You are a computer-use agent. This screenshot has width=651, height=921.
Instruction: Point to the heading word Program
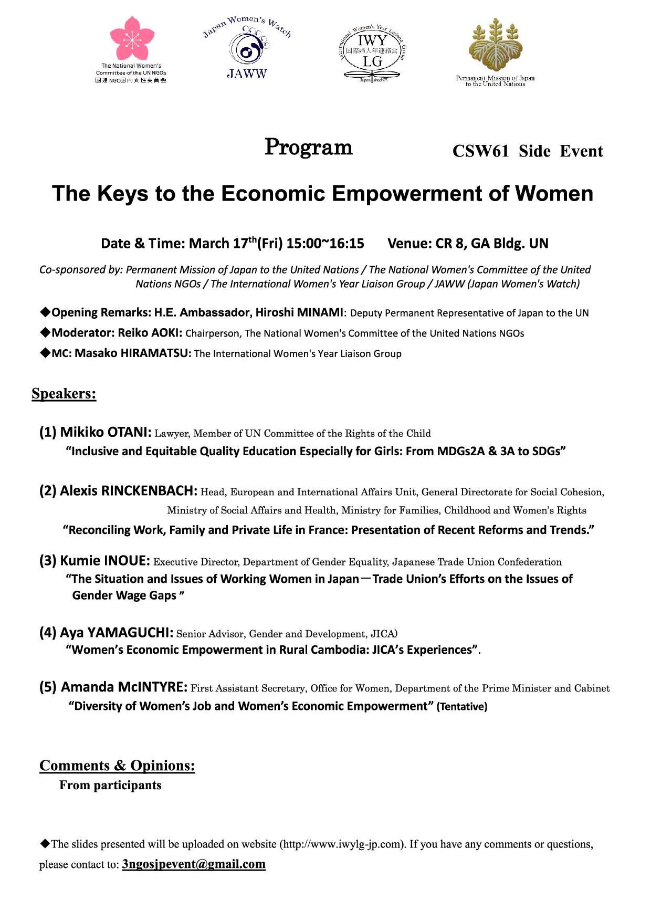click(x=308, y=147)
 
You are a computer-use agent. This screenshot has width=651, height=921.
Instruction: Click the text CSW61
click(x=480, y=151)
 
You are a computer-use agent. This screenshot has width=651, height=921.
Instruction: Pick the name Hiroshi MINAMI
click(x=299, y=312)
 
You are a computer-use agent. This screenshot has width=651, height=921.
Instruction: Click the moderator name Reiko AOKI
click(x=150, y=333)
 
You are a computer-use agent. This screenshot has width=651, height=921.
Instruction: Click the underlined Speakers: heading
click(x=64, y=394)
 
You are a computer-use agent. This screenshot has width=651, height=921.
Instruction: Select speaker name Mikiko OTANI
click(x=106, y=432)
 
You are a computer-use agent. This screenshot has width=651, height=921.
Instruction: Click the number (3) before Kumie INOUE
click(x=48, y=561)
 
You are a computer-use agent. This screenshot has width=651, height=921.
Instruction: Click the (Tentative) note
click(x=462, y=707)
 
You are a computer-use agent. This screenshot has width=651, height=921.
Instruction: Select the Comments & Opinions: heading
click(x=117, y=766)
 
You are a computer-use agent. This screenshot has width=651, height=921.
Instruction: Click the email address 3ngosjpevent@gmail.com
click(x=194, y=864)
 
